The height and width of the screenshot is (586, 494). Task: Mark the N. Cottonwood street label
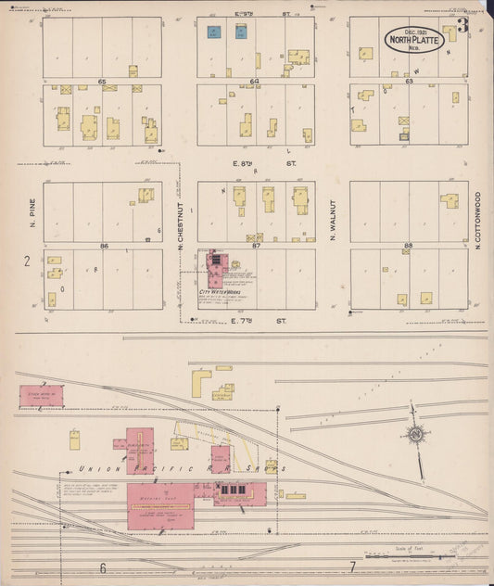tap(478, 221)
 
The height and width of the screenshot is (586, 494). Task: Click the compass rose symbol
tap(416, 433)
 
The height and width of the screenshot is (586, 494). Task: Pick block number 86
tap(104, 246)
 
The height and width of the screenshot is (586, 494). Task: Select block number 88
tap(407, 246)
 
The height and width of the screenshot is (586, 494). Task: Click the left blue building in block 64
tap(213, 32)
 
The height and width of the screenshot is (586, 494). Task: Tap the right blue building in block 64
tap(241, 32)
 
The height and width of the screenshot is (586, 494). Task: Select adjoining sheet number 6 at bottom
tap(103, 567)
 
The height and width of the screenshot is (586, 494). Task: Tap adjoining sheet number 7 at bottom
tap(352, 566)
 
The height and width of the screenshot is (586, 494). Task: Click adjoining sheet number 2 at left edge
tap(26, 261)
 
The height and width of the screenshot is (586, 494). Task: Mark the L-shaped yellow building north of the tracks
tap(200, 382)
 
